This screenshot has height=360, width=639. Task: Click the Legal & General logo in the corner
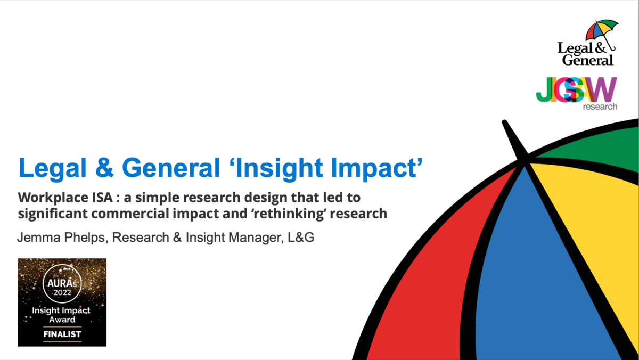coord(588,43)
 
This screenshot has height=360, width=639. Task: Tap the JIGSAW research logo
coord(577,94)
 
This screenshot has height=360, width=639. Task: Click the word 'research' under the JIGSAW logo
coord(600,107)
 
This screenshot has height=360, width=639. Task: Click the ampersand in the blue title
coord(104,168)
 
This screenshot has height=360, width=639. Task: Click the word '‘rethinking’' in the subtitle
coord(289,214)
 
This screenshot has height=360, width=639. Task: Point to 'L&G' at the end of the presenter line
coord(301,238)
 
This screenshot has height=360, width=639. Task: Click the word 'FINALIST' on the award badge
coord(62,334)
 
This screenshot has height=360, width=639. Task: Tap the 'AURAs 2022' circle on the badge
coord(62,283)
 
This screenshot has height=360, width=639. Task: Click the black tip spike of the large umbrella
coord(513,138)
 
